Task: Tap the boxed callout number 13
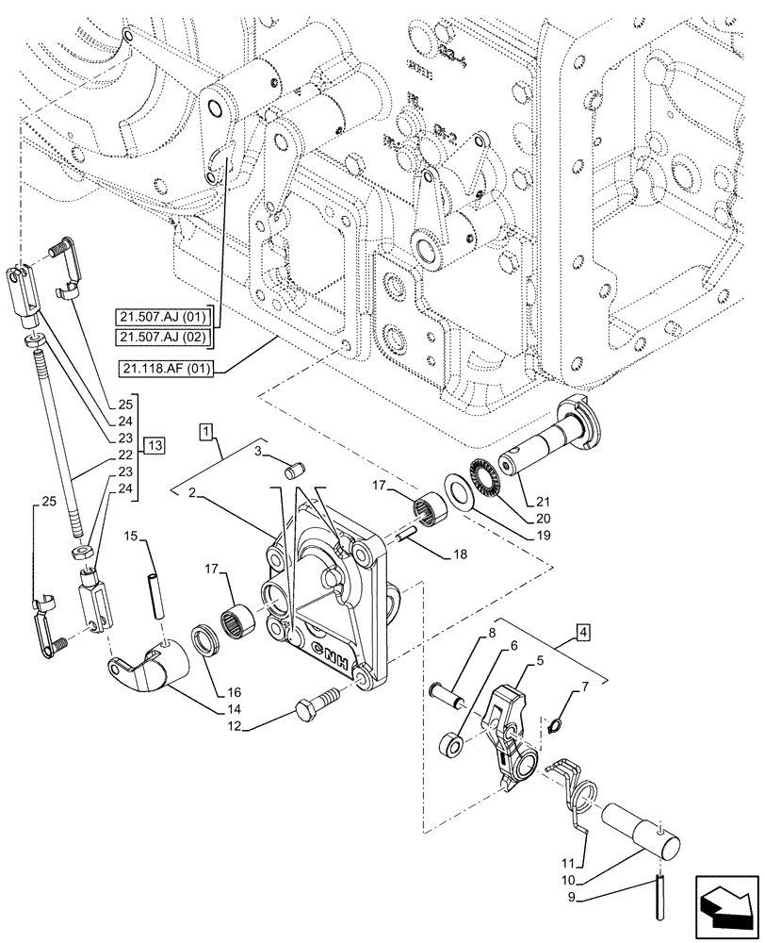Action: (155, 445)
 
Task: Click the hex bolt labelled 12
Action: (312, 708)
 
